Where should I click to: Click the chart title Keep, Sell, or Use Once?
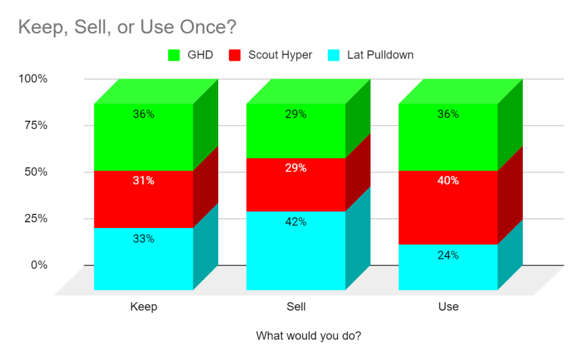pyautogui.click(x=127, y=27)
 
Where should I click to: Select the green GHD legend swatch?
pyautogui.click(x=174, y=55)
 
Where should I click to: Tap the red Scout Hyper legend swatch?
pyautogui.click(x=235, y=55)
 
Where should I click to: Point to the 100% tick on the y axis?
pyautogui.click(x=34, y=78)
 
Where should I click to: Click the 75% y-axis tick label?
pyautogui.click(x=36, y=125)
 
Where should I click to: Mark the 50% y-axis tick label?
pyautogui.click(x=36, y=172)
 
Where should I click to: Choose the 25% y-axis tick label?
pyautogui.click(x=36, y=218)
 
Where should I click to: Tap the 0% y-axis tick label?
pyautogui.click(x=39, y=265)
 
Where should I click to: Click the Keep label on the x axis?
pyautogui.click(x=143, y=307)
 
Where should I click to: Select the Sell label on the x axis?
pyautogui.click(x=296, y=307)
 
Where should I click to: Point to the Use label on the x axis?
pyautogui.click(x=448, y=307)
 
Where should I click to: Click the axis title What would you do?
pyautogui.click(x=308, y=336)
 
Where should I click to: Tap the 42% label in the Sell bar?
pyautogui.click(x=296, y=222)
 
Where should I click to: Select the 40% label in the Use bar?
pyautogui.click(x=448, y=181)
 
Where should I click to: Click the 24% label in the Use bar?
pyautogui.click(x=448, y=255)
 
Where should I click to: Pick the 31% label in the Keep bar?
pyautogui.click(x=143, y=181)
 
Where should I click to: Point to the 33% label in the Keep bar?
pyautogui.click(x=143, y=239)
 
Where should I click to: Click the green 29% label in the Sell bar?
pyautogui.click(x=296, y=114)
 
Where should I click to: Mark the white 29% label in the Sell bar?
pyautogui.click(x=296, y=168)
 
